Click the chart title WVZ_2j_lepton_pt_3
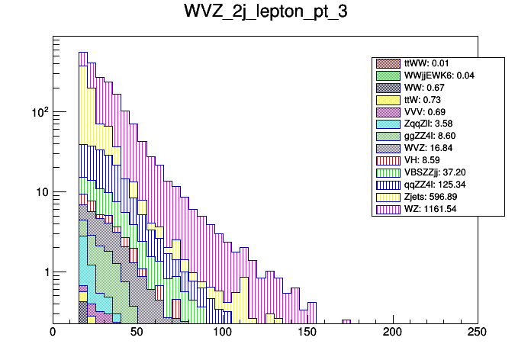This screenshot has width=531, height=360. (x=265, y=13)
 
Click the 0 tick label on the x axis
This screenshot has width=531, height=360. (x=53, y=333)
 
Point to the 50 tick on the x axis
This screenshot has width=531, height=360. (x=137, y=333)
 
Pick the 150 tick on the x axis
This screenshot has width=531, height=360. (x=307, y=333)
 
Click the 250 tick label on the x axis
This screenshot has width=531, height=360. (x=477, y=333)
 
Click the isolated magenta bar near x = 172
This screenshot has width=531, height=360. (x=346, y=321)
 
